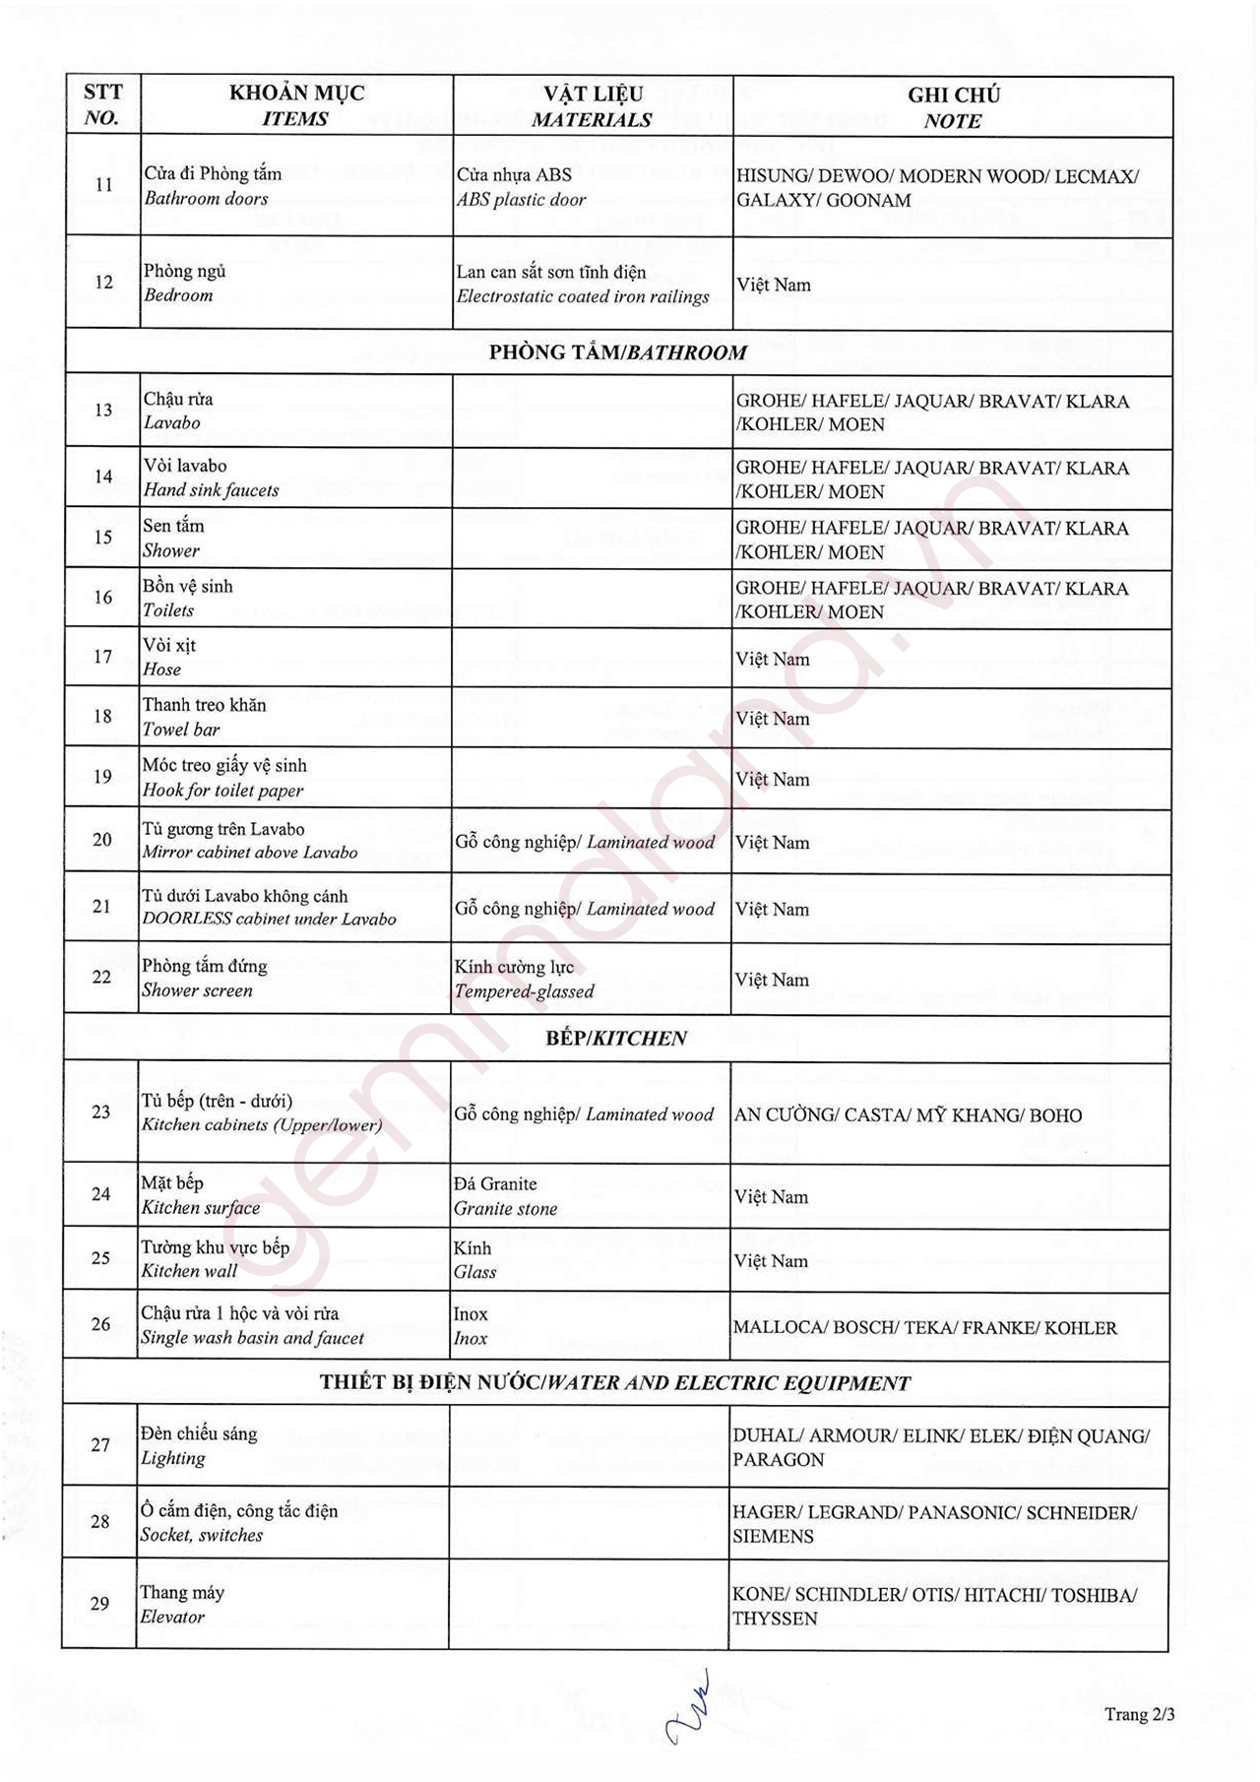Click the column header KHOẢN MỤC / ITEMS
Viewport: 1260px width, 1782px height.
296,106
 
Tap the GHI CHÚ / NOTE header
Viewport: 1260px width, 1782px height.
953,108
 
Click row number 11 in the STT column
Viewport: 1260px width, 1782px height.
103,185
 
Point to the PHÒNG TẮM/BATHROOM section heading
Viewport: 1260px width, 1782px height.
618,352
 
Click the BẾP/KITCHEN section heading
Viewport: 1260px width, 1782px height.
616,1039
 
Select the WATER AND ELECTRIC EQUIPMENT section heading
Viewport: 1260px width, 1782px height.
615,1383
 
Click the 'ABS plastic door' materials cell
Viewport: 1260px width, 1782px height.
522,187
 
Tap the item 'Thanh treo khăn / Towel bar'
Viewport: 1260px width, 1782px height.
205,717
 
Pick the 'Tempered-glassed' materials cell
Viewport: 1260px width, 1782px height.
524,979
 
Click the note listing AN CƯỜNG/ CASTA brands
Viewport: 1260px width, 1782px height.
908,1115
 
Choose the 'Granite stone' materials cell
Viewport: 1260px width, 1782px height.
506,1196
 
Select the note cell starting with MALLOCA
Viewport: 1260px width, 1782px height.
925,1328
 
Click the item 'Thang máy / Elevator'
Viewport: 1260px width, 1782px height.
182,1604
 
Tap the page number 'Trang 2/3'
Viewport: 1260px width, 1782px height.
1139,1714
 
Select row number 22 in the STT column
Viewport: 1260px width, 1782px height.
101,978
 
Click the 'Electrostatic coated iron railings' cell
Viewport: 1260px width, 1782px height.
583,285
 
